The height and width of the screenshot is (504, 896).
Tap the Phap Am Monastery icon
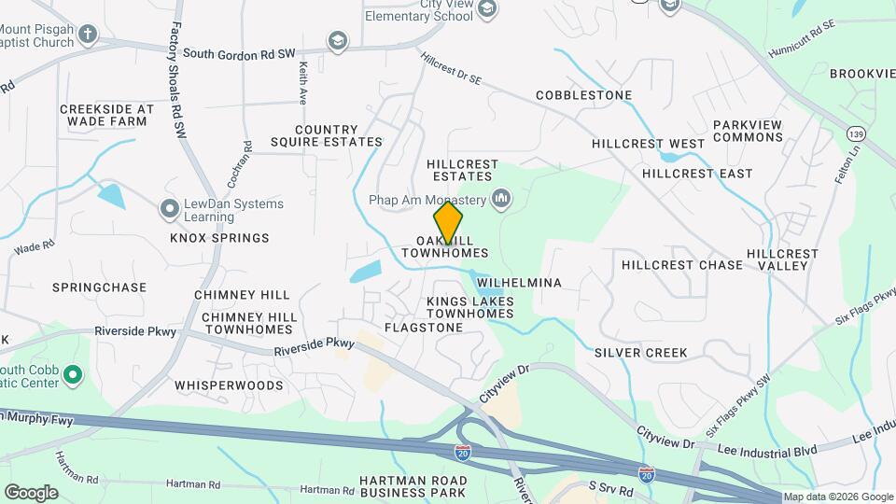(502, 198)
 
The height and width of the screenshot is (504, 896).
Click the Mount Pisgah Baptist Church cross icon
(88, 35)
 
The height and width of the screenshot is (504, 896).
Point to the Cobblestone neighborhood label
(583, 95)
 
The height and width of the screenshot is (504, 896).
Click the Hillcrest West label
(648, 144)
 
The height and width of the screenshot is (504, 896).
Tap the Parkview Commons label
(748, 131)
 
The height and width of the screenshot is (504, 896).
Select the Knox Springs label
(219, 238)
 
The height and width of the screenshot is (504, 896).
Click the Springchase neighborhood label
(99, 287)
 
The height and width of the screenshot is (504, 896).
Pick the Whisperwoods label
(229, 385)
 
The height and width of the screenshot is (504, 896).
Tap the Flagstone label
(424, 328)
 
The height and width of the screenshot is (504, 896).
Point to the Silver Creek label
(640, 353)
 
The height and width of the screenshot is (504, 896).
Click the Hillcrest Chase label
(682, 264)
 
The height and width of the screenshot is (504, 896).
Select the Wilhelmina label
(519, 283)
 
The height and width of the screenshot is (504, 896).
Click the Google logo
(31, 492)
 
